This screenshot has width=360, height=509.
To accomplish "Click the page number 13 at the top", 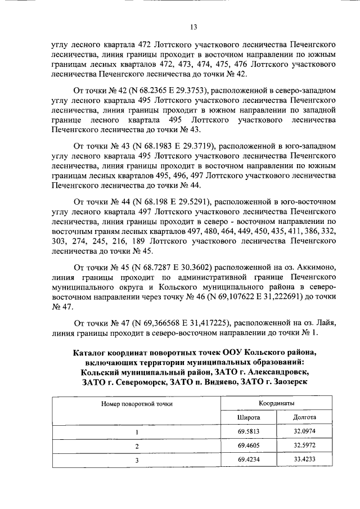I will click(x=193, y=26).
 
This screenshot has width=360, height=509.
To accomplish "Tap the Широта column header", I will click(x=249, y=418).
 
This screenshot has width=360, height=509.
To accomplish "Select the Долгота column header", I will click(x=305, y=418).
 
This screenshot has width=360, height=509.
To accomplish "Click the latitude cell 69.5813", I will click(x=249, y=432).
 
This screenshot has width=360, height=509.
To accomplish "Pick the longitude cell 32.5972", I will click(x=305, y=445).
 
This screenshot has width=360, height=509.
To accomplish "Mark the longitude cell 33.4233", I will click(x=305, y=460).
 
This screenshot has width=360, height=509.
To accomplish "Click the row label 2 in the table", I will click(x=136, y=445).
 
